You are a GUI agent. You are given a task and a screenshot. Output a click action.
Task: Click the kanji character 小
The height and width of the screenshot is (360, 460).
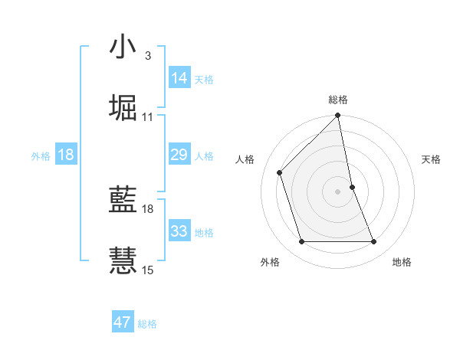123,47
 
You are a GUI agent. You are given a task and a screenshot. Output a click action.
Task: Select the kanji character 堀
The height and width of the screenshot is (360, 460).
123,107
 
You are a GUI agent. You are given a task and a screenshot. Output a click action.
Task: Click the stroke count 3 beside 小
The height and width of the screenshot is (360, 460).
147,55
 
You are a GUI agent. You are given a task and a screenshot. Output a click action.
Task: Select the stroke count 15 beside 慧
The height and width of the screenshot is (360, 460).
147,270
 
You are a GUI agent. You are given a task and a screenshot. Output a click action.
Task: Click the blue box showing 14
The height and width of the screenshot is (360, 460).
179,78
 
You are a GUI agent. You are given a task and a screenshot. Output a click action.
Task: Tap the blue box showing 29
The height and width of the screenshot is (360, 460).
179,155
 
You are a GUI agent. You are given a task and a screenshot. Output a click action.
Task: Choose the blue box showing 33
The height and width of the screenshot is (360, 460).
179,231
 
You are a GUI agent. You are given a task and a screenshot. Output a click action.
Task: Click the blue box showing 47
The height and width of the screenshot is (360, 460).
123,322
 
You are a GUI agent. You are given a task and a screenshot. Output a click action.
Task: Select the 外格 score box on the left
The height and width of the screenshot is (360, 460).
66,155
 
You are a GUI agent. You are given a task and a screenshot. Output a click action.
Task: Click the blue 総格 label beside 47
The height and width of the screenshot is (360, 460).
147,324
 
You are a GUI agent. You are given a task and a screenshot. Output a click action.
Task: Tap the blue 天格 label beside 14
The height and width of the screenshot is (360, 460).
204,80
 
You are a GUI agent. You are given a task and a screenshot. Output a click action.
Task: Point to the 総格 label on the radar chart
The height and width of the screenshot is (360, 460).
338,100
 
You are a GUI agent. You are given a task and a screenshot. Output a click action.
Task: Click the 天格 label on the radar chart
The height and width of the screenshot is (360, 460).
432,159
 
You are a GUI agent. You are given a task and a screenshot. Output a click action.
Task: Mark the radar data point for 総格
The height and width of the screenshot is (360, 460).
338,116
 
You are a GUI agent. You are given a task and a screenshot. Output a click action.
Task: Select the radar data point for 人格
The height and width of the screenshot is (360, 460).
280,172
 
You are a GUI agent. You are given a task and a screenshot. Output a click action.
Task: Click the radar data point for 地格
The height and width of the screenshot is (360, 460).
374,242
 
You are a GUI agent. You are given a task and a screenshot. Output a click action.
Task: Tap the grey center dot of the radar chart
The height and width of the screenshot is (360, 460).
338,191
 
